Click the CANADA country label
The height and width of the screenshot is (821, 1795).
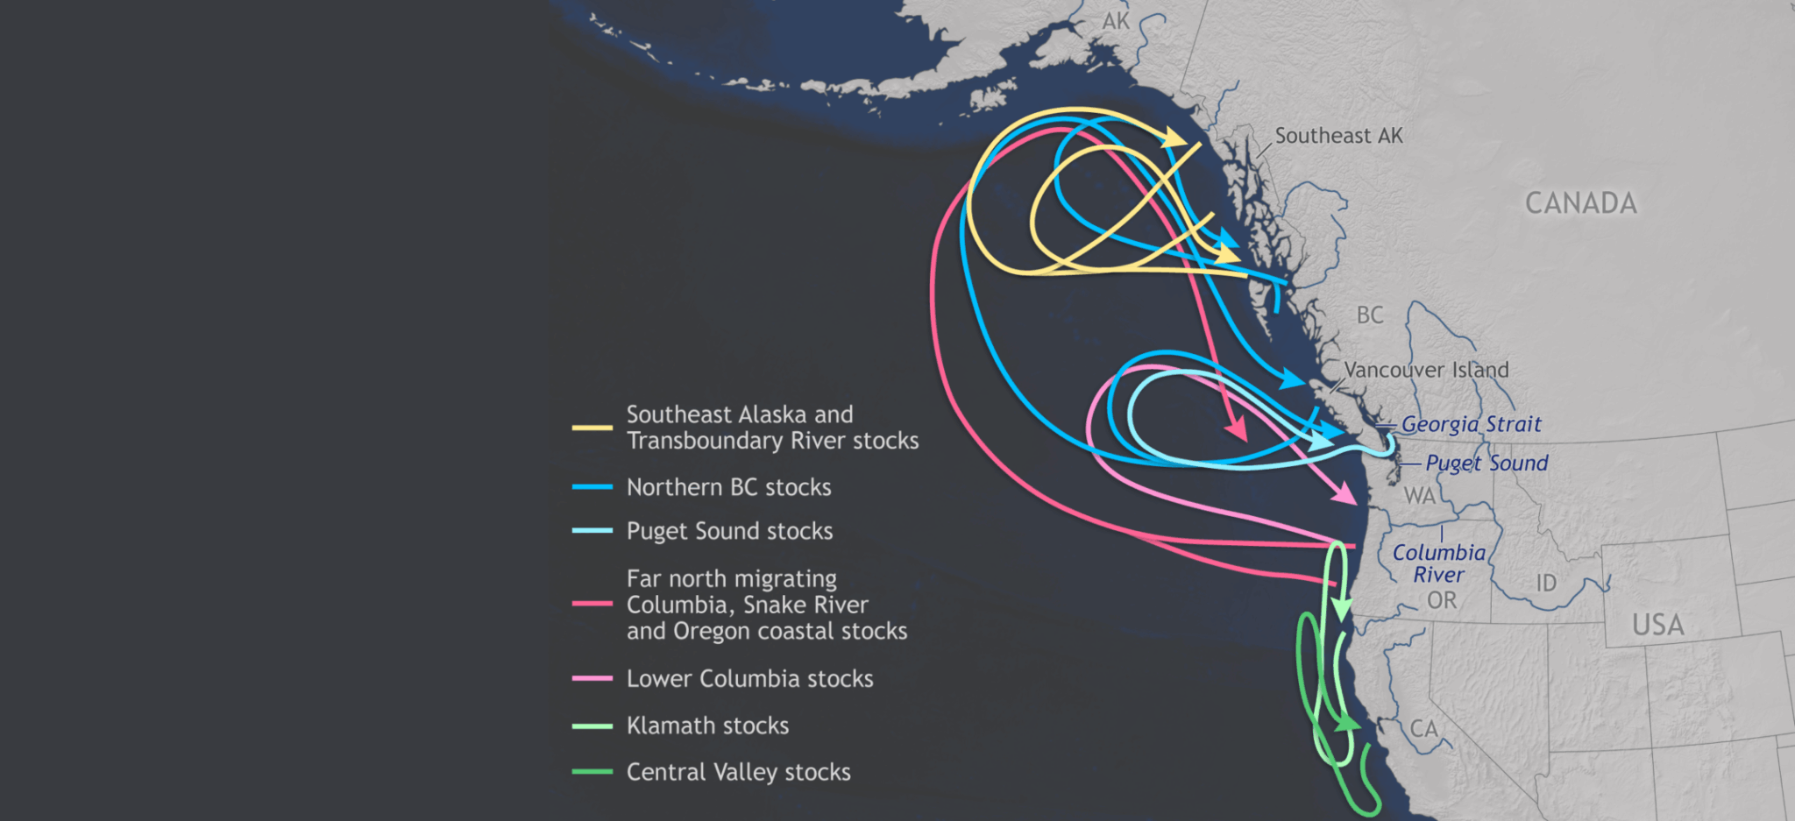[x=1580, y=203]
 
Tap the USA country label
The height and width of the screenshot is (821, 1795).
[x=1657, y=626]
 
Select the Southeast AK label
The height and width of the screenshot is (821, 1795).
[x=1338, y=136]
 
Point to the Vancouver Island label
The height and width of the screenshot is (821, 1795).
[x=1426, y=370]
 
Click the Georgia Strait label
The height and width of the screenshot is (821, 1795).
[x=1471, y=424]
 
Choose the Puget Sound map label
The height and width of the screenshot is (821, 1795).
[x=1486, y=463]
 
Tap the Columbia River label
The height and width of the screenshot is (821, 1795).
[x=1439, y=563]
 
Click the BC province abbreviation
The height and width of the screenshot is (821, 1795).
[x=1370, y=315]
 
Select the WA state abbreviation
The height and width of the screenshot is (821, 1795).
[x=1420, y=496]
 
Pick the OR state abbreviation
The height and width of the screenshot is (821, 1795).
[x=1442, y=600]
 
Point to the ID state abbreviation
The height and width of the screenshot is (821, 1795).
[x=1546, y=583]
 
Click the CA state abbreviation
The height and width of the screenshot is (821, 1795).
[x=1424, y=729]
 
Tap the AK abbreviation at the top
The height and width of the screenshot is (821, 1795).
[x=1116, y=21]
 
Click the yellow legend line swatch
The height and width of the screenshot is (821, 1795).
[x=592, y=428]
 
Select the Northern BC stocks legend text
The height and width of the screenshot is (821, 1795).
[x=728, y=487]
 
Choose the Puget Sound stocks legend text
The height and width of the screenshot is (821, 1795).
[x=729, y=531]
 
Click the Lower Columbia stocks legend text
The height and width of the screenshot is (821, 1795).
[x=749, y=679]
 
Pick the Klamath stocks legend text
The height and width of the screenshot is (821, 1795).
[x=707, y=725]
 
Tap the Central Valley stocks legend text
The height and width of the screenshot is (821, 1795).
[x=738, y=772]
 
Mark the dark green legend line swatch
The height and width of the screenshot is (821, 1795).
[x=592, y=772]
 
